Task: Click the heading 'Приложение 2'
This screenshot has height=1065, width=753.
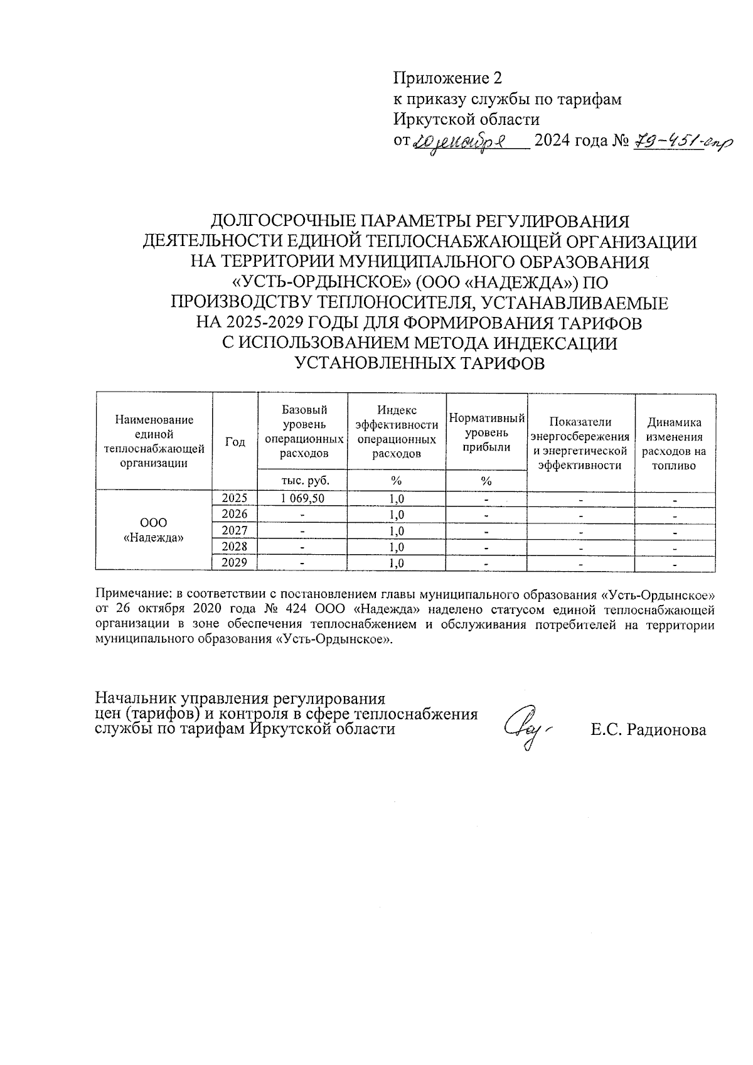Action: [x=447, y=78]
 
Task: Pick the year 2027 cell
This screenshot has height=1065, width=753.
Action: [x=235, y=530]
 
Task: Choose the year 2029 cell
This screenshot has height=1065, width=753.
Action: [x=235, y=562]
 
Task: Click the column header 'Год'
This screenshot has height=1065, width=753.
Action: [x=235, y=442]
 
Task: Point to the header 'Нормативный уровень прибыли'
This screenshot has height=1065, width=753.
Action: [x=486, y=433]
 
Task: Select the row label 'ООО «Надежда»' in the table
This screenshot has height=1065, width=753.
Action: [x=154, y=530]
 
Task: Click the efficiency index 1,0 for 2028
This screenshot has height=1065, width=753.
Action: [x=396, y=547]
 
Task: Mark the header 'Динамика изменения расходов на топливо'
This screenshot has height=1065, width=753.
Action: [x=675, y=444]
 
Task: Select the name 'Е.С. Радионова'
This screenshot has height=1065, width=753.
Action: [x=648, y=730]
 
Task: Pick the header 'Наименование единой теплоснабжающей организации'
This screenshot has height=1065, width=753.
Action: [x=154, y=442]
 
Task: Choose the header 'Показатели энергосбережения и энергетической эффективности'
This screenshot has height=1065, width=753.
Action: [x=580, y=444]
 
